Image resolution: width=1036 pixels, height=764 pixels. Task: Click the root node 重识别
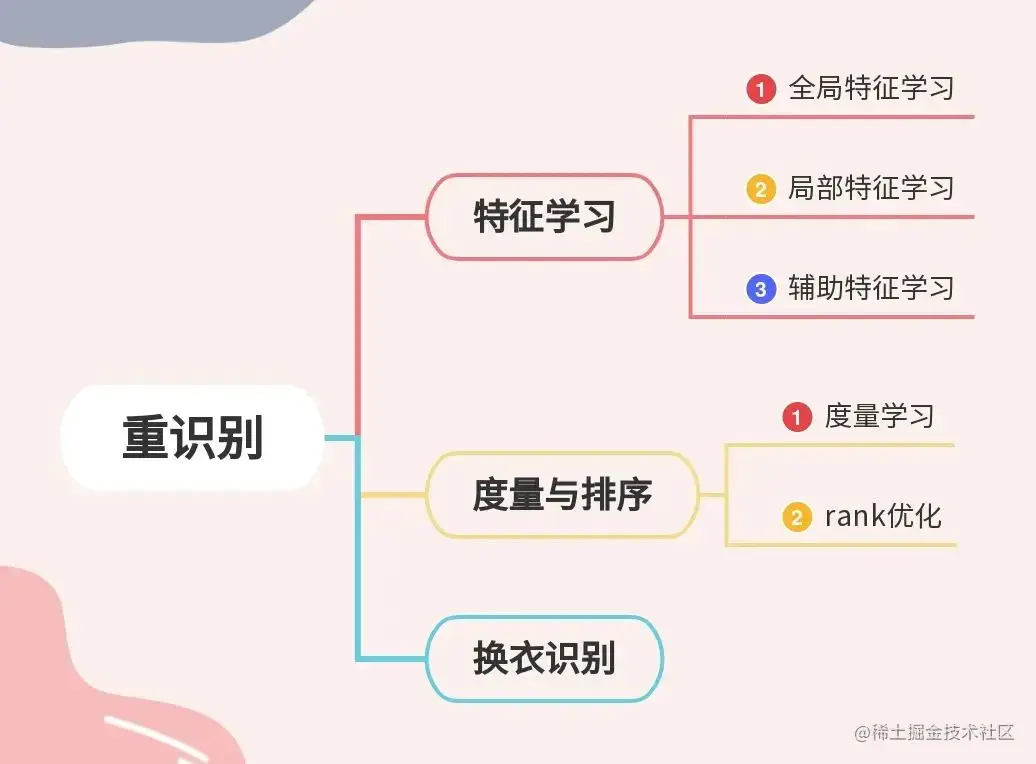pyautogui.click(x=192, y=438)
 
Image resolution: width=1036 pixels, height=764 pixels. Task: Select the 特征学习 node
pyautogui.click(x=544, y=216)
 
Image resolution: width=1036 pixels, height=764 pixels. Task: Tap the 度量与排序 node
pyautogui.click(x=562, y=494)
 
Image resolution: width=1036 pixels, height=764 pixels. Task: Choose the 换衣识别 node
pyautogui.click(x=544, y=659)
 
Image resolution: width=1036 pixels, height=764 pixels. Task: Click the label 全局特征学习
pyautogui.click(x=871, y=88)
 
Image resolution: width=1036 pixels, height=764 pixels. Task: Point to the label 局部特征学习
pyautogui.click(x=871, y=188)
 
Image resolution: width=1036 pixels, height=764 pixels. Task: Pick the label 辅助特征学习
pyautogui.click(x=871, y=288)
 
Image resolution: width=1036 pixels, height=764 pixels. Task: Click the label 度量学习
pyautogui.click(x=879, y=416)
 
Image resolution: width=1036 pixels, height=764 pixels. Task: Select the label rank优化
pyautogui.click(x=882, y=516)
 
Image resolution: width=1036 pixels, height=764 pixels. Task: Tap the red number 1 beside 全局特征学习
pyautogui.click(x=761, y=89)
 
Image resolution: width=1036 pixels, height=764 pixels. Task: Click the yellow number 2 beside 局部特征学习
pyautogui.click(x=761, y=189)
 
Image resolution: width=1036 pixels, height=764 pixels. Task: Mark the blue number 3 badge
pyautogui.click(x=761, y=289)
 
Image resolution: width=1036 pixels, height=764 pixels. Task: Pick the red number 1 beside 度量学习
pyautogui.click(x=797, y=417)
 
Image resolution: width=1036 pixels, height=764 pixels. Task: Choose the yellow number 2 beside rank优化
pyautogui.click(x=797, y=517)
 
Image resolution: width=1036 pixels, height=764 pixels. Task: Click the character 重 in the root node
pyautogui.click(x=145, y=438)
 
